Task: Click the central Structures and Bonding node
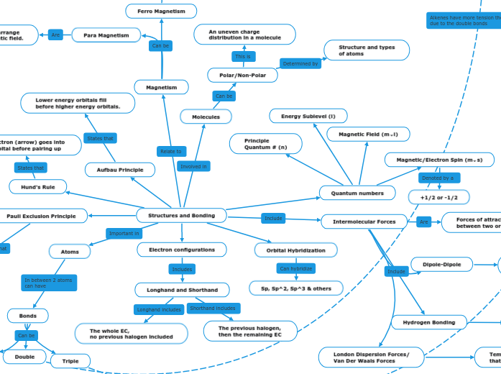(181, 215)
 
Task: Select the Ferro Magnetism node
(161, 12)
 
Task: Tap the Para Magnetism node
(106, 35)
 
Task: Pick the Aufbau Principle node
(119, 170)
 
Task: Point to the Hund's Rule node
(37, 187)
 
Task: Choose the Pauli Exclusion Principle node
(41, 216)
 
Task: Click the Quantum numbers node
(357, 193)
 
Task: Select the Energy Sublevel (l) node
(308, 116)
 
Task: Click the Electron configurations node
(182, 250)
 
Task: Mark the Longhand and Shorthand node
(182, 290)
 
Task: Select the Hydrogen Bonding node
(428, 322)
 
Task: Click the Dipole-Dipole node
(441, 265)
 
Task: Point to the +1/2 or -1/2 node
(438, 196)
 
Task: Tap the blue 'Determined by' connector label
(300, 64)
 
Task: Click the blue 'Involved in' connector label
(193, 166)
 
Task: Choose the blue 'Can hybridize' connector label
(295, 269)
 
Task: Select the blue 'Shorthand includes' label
(212, 308)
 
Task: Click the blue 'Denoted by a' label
(438, 178)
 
